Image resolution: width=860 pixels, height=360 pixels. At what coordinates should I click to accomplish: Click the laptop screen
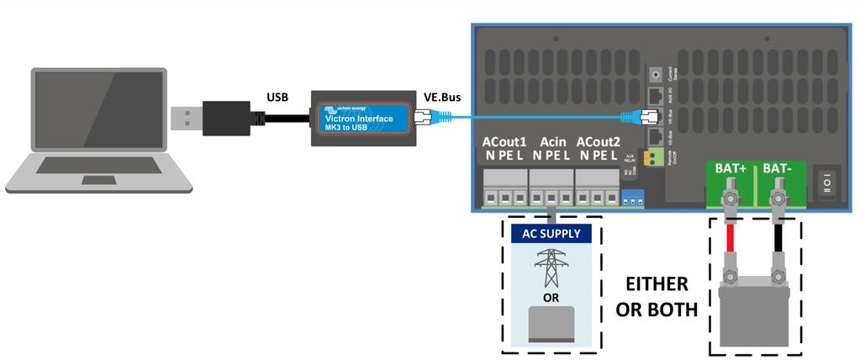tap(98, 110)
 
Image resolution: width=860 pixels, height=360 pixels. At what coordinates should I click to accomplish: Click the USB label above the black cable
tap(277, 97)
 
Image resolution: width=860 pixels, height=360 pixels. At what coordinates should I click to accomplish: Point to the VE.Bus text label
tap(442, 97)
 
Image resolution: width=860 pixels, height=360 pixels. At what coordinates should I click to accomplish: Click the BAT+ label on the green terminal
tap(731, 169)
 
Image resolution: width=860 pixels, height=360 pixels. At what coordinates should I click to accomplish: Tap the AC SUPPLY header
tap(551, 233)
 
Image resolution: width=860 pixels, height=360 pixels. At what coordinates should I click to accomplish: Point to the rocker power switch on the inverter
tap(831, 181)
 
